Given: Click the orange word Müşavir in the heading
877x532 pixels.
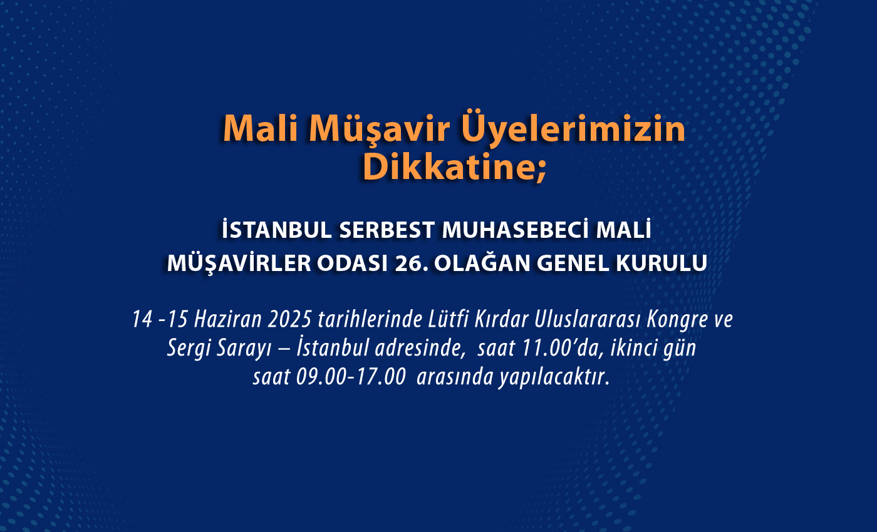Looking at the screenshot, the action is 379,130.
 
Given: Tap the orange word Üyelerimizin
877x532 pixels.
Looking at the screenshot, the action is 573,128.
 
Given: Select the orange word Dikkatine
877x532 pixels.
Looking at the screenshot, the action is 454,167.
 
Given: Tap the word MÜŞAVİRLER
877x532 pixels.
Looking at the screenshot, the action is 239,263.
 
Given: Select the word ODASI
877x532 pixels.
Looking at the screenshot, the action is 352,263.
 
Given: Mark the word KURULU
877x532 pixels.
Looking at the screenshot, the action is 662,263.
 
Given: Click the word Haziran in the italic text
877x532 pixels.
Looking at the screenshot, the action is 228,319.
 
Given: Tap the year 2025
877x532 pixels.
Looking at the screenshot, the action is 289,319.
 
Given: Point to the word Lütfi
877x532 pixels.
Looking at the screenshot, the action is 449,319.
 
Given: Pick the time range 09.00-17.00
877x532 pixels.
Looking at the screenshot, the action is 351,377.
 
